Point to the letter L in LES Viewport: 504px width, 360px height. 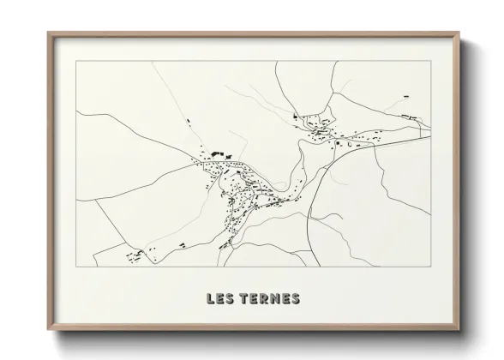210,299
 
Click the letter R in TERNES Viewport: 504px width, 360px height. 262,299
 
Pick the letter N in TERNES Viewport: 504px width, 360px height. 273,299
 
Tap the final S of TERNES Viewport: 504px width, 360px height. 295,299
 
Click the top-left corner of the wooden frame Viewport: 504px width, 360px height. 48,33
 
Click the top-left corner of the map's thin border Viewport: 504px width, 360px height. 76,62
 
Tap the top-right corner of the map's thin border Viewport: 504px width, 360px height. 430,62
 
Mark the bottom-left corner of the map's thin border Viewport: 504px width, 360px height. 76,267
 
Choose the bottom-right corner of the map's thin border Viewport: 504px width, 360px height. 430,267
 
